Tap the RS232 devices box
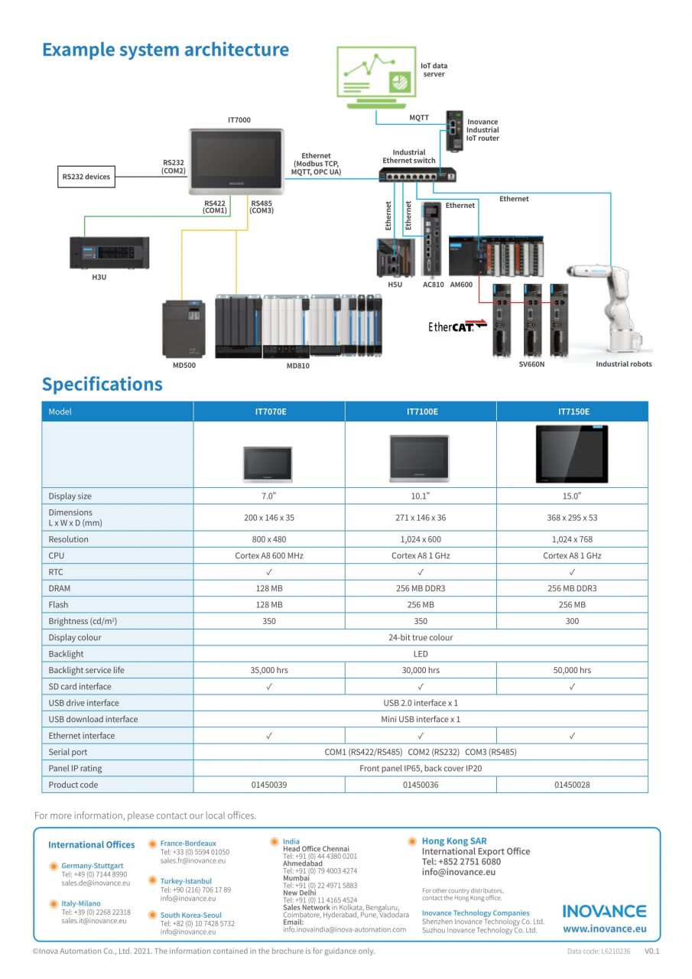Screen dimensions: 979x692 pos(86,177)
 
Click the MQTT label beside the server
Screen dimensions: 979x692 pos(419,118)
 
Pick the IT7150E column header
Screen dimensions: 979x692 pos(572,411)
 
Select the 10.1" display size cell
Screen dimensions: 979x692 pos(421,496)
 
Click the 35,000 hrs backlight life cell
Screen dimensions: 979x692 pos(269,670)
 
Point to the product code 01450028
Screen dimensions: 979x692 pos(572,785)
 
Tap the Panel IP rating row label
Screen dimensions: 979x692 pos(75,768)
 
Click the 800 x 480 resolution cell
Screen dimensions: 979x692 pos(269,539)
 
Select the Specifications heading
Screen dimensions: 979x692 pos(102,384)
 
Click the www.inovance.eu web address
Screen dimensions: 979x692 pos(604,929)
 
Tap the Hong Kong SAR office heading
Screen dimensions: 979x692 pos(454,841)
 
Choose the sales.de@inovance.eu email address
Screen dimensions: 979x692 pos(96,883)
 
